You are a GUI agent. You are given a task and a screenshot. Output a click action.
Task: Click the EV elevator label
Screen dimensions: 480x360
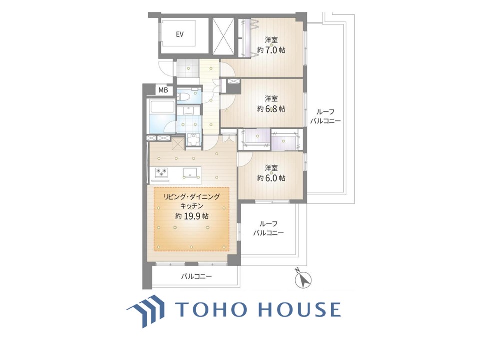(x=180, y=34)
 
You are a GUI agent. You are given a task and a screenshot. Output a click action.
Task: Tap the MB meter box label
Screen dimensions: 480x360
(x=163, y=90)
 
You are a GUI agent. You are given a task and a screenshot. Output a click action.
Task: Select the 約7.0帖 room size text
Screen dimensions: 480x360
(x=271, y=50)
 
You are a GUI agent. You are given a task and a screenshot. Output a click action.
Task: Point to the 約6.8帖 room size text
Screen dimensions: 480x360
(x=271, y=108)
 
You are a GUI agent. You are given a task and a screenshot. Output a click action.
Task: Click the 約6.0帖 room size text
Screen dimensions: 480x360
(x=271, y=178)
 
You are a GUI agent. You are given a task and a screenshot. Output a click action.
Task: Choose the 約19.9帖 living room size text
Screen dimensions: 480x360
(x=192, y=216)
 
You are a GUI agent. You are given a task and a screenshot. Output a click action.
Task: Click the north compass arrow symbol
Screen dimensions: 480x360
(x=303, y=280)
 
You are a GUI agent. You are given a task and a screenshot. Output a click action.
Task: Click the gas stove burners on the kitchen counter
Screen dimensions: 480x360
(x=162, y=173)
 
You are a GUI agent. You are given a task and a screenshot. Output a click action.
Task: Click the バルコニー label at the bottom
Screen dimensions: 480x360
(x=196, y=277)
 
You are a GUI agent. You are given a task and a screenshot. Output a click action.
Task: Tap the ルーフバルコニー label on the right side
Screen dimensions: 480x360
(x=325, y=116)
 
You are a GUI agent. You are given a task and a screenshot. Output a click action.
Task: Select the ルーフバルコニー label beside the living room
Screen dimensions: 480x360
(x=269, y=228)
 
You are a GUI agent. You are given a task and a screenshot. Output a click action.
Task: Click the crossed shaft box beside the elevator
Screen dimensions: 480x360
(x=223, y=36)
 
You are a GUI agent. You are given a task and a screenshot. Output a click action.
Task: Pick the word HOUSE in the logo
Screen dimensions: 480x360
(x=300, y=309)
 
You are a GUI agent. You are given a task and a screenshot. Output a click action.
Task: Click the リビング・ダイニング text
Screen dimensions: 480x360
(x=192, y=197)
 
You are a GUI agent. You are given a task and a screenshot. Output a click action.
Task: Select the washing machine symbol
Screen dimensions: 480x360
(x=193, y=140)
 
